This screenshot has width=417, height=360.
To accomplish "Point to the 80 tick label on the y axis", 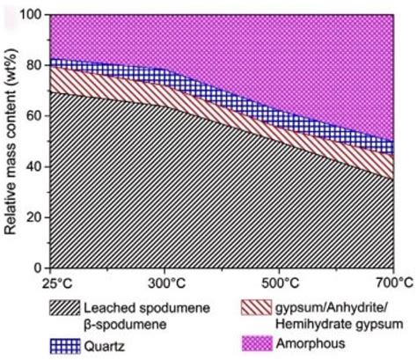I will coord(33,65).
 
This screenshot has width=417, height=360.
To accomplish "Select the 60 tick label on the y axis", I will coord(33,115).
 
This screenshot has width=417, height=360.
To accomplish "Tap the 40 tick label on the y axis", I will coord(33,166).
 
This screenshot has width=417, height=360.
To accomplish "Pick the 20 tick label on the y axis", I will coord(33,217).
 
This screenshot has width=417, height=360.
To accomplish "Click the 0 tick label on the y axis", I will coord(37,268).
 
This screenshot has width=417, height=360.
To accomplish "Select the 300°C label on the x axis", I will coord(165,283).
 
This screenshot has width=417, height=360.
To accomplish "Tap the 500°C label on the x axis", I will coord(279,283).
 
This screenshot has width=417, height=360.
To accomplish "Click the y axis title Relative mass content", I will coord(12,141).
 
